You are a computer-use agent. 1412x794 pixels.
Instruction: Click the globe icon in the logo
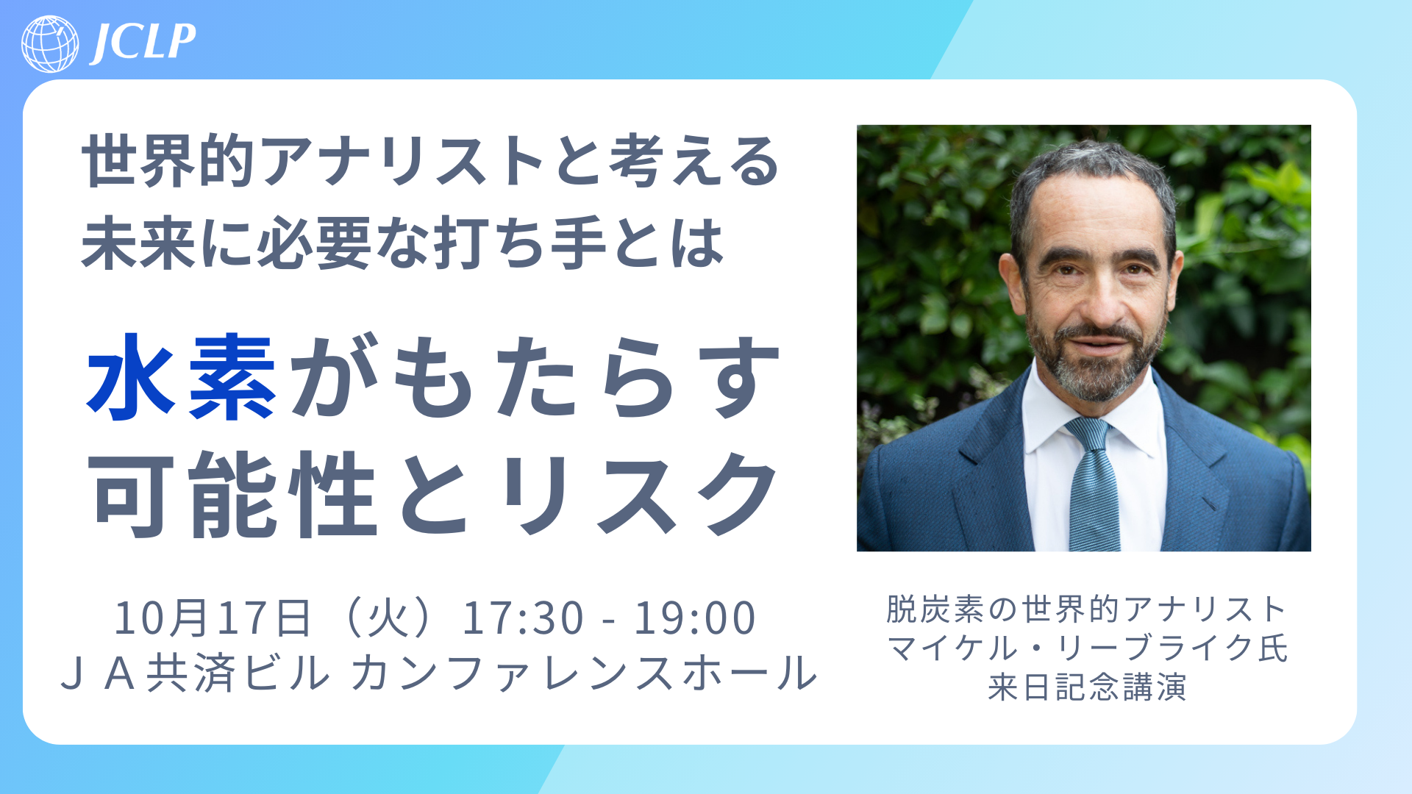50,44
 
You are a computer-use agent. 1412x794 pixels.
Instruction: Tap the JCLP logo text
143,43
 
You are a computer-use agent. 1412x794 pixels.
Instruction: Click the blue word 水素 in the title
182,378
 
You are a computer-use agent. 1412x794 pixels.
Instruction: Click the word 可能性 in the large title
234,495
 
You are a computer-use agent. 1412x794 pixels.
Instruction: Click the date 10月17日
212,618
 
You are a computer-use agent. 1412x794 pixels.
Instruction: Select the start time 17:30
522,618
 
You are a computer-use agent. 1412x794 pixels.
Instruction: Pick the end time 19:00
695,618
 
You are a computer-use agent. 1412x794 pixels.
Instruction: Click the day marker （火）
387,618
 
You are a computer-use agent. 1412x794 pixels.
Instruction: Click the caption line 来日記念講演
1087,687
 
